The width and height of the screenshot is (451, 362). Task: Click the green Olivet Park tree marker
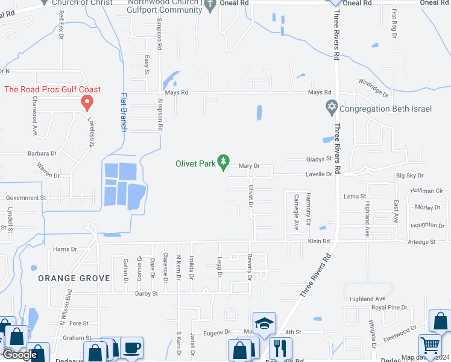click(x=224, y=162)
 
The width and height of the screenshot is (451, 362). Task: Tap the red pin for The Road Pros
click(x=87, y=103)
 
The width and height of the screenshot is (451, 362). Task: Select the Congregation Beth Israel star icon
click(x=331, y=109)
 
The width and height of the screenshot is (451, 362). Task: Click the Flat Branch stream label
click(x=124, y=112)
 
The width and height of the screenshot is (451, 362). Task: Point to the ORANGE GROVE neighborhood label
click(x=74, y=278)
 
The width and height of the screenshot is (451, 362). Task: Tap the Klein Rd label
click(x=319, y=241)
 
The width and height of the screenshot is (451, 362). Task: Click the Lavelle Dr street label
click(x=320, y=174)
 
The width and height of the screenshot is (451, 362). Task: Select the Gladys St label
click(x=320, y=159)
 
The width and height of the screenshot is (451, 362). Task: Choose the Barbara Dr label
click(x=42, y=154)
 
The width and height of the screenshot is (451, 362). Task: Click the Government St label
click(x=26, y=197)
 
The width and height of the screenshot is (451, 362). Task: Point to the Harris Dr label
click(x=65, y=249)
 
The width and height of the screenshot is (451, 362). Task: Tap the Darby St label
click(x=146, y=294)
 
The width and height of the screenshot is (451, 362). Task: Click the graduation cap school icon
click(x=263, y=324)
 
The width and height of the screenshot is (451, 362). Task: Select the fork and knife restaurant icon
click(x=280, y=348)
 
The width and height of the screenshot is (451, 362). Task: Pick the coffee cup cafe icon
click(x=131, y=348)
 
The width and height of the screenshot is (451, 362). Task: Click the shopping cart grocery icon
click(x=430, y=346)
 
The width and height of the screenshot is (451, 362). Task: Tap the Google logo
click(x=20, y=355)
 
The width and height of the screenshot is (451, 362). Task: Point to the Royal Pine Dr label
click(x=389, y=308)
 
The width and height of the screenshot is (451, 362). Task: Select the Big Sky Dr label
click(x=409, y=176)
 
